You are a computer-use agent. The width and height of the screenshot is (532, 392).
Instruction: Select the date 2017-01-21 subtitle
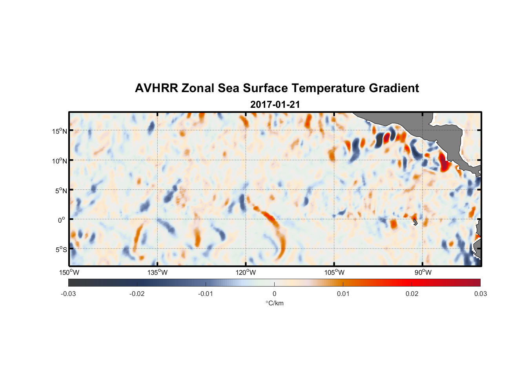pos(275,105)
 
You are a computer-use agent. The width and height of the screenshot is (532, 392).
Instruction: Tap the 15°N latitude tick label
pos(59,131)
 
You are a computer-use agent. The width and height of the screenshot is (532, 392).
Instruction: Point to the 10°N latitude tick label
pos(59,161)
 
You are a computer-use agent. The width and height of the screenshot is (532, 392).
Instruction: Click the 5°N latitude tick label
pos(60,191)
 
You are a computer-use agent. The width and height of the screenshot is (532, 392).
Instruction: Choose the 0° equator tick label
pos(62,220)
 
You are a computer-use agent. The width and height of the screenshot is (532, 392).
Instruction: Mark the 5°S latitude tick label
pos(60,250)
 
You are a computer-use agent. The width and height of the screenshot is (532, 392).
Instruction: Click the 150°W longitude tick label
pos(69,272)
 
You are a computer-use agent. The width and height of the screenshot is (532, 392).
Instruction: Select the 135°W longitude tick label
pos(157,272)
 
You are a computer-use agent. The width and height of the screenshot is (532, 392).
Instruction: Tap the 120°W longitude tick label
pos(246,272)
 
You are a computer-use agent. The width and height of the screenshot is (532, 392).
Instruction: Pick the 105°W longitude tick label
pos(334,272)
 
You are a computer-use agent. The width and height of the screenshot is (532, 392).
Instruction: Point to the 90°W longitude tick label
pos(423,272)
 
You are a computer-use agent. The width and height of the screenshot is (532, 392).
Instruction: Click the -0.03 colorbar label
pos(68,294)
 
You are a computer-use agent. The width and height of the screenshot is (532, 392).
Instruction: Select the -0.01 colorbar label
pos(206,294)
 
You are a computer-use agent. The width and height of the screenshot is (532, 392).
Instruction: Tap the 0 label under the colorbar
pos(274,294)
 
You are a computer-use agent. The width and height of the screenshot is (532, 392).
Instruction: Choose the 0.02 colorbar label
pos(412,294)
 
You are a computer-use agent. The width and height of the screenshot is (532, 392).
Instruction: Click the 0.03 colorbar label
pos(480,294)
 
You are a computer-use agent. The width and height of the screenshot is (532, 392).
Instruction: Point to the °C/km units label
pos(274,303)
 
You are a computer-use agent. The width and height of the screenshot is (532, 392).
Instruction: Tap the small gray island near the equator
pos(415,222)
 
